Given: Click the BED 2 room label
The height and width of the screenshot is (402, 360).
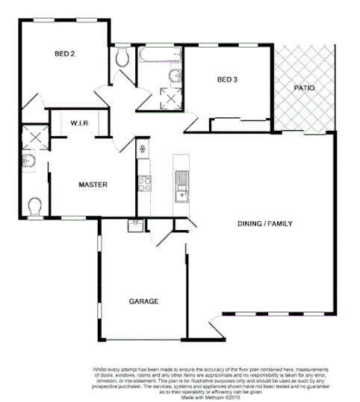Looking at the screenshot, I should point(66,54).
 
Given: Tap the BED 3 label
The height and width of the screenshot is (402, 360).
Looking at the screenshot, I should point(228,80).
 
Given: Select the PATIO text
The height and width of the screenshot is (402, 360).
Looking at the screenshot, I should point(304,87).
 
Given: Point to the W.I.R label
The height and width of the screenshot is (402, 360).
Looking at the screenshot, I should point(80,123).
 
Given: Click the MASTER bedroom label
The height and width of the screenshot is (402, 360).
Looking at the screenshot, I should point(95,185).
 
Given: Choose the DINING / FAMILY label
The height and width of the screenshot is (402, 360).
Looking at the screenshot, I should point(264,223).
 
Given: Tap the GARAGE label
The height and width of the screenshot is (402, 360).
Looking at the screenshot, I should point(143,301).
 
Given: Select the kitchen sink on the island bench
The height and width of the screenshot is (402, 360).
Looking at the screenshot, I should point(180,180).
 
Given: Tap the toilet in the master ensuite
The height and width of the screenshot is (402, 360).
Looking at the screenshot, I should point(34,205).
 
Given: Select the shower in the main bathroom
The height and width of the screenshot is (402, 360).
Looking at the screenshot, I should point(171,98).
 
